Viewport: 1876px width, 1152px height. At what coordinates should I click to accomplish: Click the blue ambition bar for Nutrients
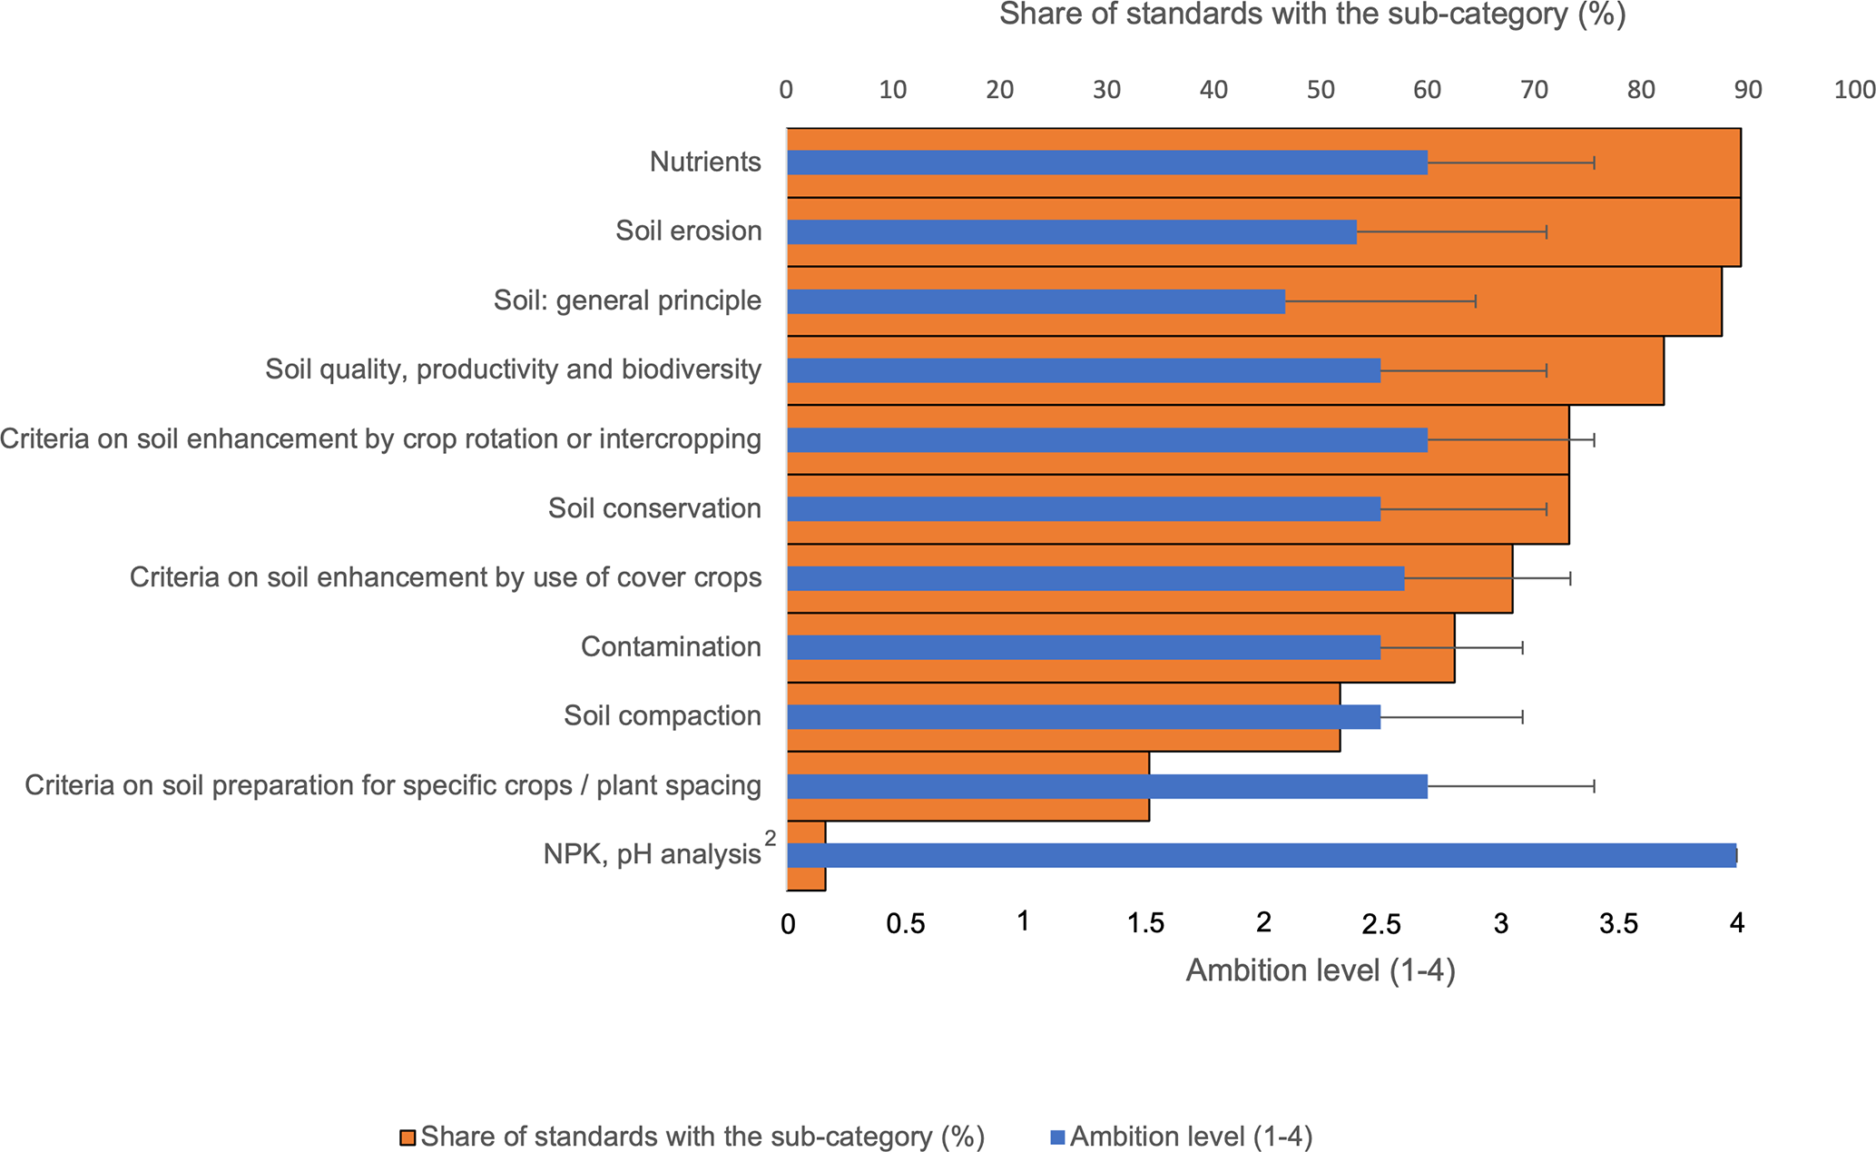tap(1107, 162)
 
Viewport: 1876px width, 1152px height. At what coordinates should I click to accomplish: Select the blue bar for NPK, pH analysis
tap(1262, 855)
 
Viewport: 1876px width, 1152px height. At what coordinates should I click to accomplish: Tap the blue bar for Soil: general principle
tap(1036, 301)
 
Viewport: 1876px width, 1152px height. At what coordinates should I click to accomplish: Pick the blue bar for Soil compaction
tap(1084, 716)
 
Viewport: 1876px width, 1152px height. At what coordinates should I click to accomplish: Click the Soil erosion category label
tap(688, 231)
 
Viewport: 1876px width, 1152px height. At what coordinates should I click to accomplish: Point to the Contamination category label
tap(671, 647)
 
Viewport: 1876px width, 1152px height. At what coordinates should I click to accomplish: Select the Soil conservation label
tap(654, 508)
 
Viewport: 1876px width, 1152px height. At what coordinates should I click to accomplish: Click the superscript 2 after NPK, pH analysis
tap(771, 839)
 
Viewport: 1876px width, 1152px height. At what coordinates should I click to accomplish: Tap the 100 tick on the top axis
tap(1853, 90)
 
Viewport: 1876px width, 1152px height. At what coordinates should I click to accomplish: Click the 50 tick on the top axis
tap(1321, 90)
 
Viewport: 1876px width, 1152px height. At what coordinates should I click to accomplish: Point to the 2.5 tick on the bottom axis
tap(1380, 924)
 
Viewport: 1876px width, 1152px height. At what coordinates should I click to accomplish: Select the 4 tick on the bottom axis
tap(1736, 924)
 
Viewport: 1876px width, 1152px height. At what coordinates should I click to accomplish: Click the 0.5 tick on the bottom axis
tap(905, 924)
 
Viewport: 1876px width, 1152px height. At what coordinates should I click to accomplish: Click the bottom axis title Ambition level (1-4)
tap(1320, 970)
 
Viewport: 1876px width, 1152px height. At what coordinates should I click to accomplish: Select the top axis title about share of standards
tap(1311, 15)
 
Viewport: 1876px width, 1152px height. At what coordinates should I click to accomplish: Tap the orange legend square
tap(408, 1137)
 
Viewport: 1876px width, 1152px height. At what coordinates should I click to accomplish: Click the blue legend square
tap(1056, 1137)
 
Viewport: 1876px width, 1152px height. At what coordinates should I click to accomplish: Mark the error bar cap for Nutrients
tap(1594, 162)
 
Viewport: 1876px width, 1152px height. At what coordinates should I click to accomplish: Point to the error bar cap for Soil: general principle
tap(1476, 301)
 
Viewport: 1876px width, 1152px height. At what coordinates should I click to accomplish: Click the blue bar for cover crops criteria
tap(1095, 578)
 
